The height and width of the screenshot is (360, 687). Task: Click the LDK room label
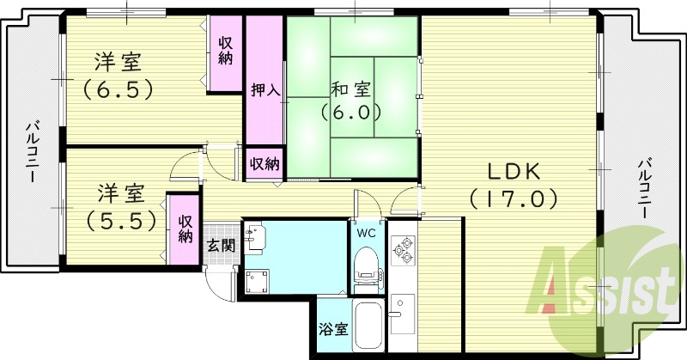tap(514, 172)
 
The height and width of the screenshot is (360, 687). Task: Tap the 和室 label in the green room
tap(351, 89)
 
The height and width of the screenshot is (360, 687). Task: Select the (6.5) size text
tap(119, 89)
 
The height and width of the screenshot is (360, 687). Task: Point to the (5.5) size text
tap(121, 221)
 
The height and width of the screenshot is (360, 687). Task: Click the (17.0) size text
tap(514, 199)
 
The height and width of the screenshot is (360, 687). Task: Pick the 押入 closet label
tap(265, 90)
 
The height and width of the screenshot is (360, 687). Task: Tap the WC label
tap(367, 234)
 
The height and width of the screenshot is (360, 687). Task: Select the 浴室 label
tap(334, 329)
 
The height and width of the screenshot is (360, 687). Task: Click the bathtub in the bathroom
tap(368, 326)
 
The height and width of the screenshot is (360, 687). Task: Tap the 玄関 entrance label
tap(222, 246)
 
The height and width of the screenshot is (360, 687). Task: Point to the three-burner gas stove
tap(403, 250)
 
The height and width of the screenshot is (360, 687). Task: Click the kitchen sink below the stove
tap(403, 314)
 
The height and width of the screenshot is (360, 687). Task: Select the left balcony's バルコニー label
tap(31, 152)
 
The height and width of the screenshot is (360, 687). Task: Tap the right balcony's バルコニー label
tap(642, 188)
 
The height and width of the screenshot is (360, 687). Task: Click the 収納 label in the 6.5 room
tap(225, 51)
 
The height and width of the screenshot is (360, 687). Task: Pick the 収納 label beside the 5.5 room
tap(185, 229)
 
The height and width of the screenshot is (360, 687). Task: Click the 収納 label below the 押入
tap(264, 164)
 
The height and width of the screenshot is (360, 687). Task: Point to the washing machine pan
tap(257, 282)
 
